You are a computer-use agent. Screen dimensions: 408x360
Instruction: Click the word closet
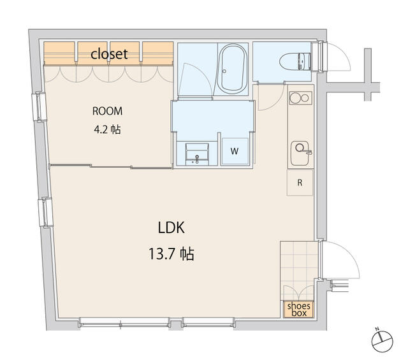point(109,54)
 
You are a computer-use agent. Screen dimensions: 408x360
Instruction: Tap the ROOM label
point(107,112)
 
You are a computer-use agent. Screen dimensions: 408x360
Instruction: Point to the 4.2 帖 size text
point(107,129)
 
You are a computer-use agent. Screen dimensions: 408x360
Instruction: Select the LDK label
point(171,227)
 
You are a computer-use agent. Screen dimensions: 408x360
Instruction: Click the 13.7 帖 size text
point(171,254)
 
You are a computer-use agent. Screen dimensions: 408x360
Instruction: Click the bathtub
point(232,69)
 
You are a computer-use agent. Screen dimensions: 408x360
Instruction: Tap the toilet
point(295,62)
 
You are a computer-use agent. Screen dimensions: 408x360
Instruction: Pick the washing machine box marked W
point(235,151)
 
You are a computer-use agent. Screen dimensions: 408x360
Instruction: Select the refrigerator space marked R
point(300,182)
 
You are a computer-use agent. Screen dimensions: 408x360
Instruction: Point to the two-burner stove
point(300,97)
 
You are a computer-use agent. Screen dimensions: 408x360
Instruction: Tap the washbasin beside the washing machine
point(197,154)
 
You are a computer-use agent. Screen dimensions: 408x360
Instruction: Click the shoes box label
point(299,309)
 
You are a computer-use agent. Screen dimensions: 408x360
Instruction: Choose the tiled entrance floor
point(299,271)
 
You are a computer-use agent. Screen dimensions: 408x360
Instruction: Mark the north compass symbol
point(382,342)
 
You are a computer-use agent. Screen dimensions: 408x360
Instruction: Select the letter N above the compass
point(377,329)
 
